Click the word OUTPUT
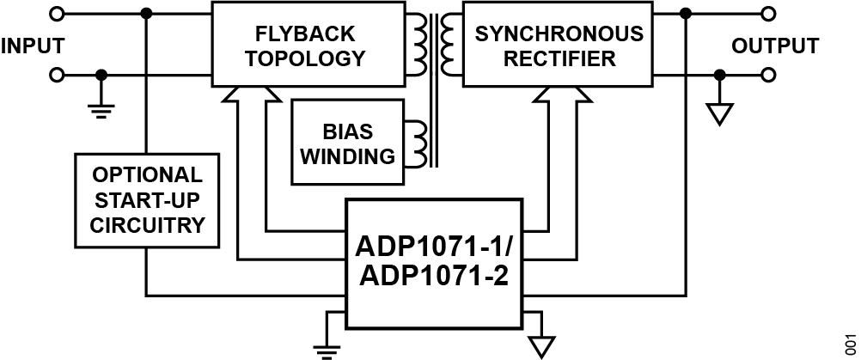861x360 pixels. (775, 45)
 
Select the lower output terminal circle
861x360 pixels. (768, 76)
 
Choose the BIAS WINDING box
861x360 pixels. (347, 142)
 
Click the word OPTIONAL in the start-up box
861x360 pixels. (145, 175)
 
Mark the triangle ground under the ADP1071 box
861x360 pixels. (539, 345)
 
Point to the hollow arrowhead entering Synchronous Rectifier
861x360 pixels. (561, 96)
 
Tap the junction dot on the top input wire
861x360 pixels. (147, 14)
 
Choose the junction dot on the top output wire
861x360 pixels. (685, 14)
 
